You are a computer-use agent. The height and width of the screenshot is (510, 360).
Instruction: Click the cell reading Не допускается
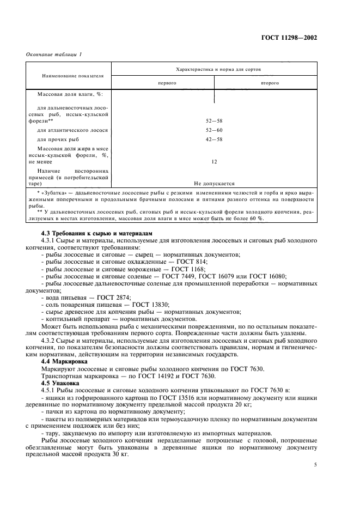(214, 184)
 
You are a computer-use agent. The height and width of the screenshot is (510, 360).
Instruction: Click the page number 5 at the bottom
(315, 464)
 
